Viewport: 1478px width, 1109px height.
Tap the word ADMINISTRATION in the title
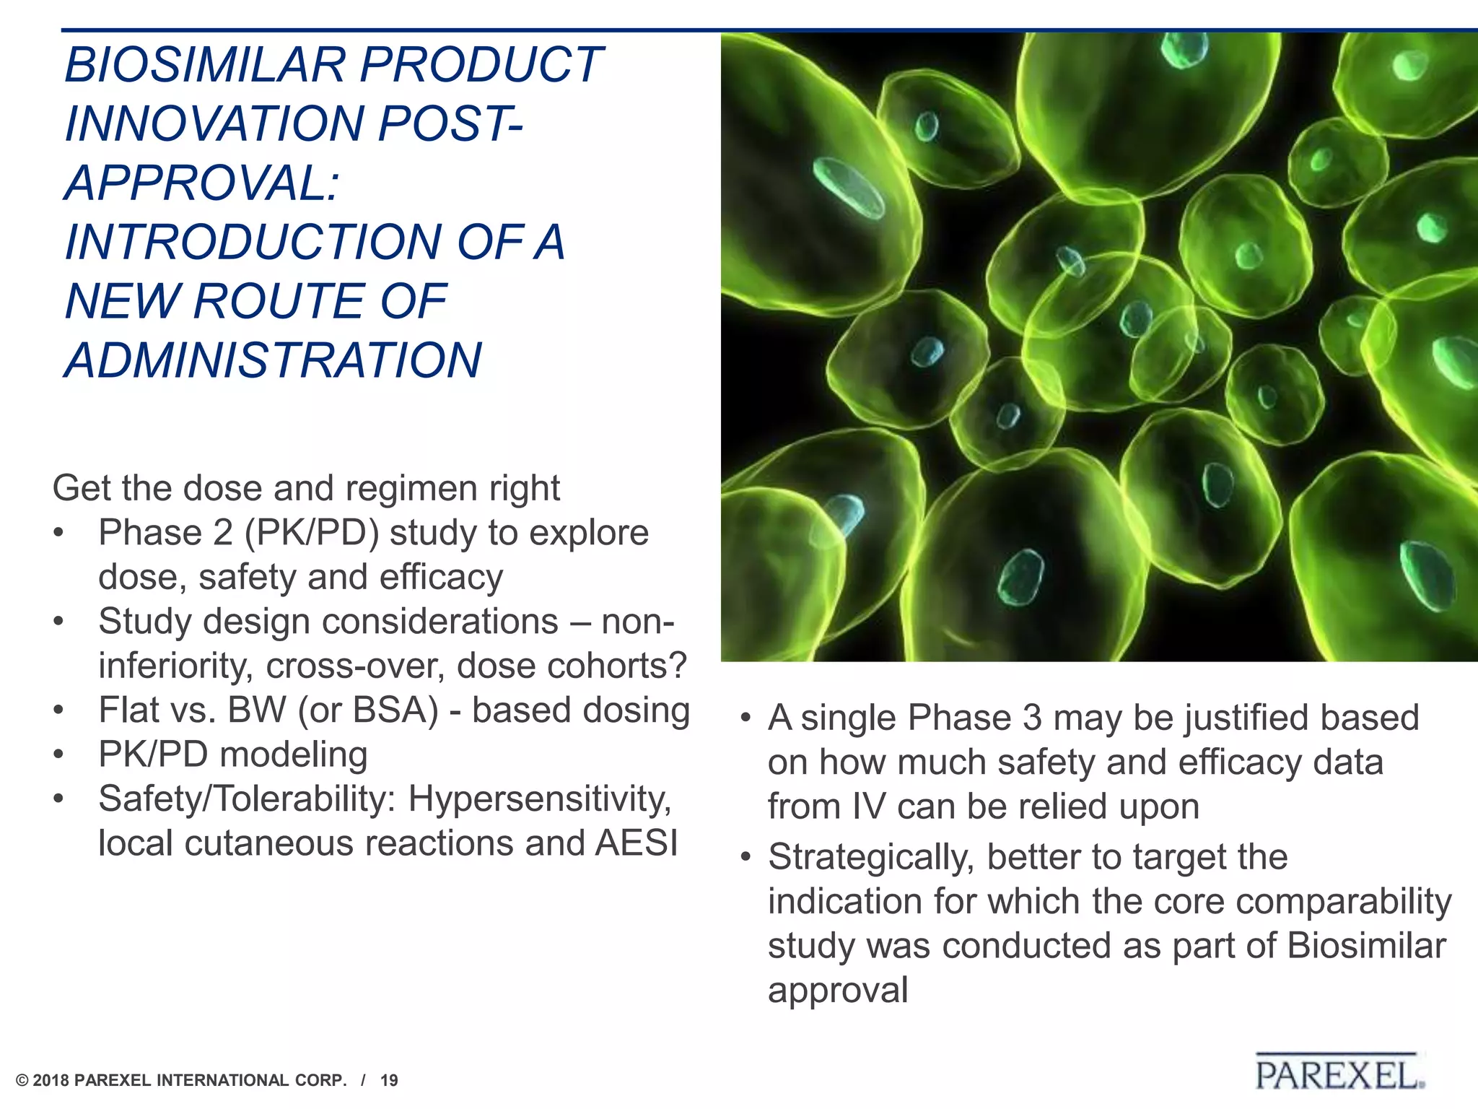point(273,360)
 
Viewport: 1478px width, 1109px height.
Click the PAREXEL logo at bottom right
point(1339,1074)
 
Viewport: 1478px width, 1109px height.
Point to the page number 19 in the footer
point(389,1081)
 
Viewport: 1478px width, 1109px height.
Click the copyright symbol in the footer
point(22,1081)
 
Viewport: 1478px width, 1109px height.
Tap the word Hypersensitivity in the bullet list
point(540,799)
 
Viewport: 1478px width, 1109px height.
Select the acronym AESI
point(637,843)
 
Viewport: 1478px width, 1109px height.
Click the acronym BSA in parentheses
point(396,710)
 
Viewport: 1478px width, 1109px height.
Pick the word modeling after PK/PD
point(294,755)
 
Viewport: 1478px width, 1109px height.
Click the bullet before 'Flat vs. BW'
point(59,710)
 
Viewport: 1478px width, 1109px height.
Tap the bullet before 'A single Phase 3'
point(745,719)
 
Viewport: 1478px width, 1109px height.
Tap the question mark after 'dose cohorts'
point(678,666)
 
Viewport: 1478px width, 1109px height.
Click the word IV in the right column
point(867,806)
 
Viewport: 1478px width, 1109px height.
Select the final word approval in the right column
point(837,991)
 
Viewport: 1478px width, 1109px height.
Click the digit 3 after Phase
point(1033,718)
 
